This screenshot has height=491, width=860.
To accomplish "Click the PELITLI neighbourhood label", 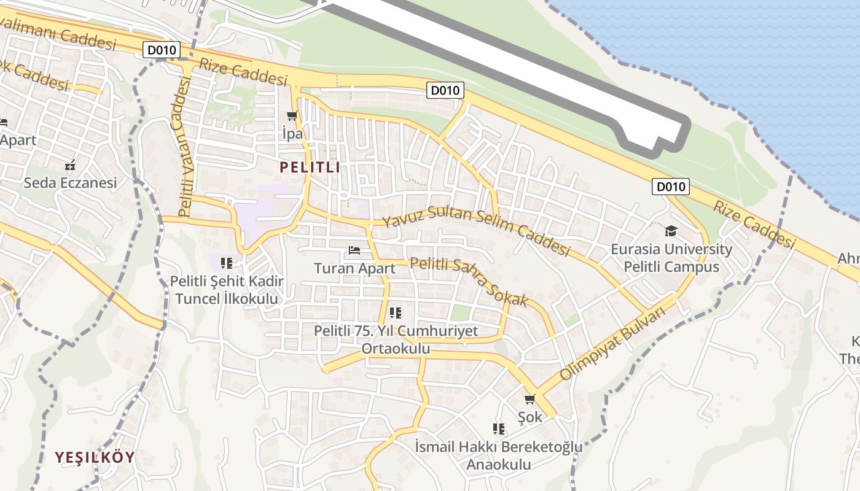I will [x=310, y=167].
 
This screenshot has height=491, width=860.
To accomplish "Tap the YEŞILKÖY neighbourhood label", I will [x=95, y=457].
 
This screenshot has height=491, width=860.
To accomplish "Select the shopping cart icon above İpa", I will [x=292, y=116].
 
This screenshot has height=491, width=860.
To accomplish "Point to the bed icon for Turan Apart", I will [x=354, y=250].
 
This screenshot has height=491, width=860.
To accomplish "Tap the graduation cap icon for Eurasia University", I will [x=671, y=231].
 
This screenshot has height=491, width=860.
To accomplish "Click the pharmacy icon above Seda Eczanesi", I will [x=70, y=164].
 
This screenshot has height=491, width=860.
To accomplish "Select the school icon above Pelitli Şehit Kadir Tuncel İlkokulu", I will [x=227, y=263].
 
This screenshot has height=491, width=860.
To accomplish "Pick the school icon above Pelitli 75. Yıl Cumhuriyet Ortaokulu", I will [x=396, y=313].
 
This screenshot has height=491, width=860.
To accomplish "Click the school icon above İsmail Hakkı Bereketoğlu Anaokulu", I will [x=499, y=428].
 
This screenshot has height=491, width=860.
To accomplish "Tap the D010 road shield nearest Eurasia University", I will [x=670, y=187].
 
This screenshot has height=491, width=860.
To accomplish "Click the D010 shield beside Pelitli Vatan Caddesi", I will [x=162, y=50].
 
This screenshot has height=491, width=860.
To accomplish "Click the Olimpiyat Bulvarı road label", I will [x=621, y=343].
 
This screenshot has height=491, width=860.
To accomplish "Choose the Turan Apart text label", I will [x=354, y=268].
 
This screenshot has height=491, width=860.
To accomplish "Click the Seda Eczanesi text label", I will [x=70, y=183].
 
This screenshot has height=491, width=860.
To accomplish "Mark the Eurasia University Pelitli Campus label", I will [x=671, y=258].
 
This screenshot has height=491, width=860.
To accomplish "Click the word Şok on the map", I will [x=530, y=417].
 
